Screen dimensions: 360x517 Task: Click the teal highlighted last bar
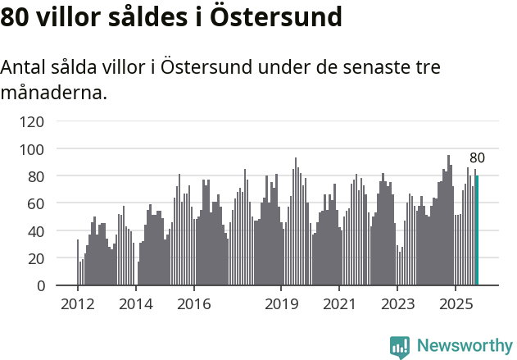tap(477, 230)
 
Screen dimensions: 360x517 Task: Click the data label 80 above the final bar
tap(477, 158)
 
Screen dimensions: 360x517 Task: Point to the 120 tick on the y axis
tap(34, 122)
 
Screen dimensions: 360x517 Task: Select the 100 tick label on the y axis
tap(34, 149)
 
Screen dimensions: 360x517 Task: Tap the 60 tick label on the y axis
tap(37, 203)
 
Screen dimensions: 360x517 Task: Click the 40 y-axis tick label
tap(37, 231)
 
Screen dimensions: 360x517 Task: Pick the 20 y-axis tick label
tap(37, 258)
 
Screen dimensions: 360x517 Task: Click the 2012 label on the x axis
tap(78, 304)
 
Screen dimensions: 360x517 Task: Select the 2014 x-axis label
tap(135, 304)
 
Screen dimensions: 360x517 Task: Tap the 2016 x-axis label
tap(193, 304)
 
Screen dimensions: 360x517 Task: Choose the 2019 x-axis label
tap(281, 304)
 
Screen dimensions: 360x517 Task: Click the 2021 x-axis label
tap(338, 304)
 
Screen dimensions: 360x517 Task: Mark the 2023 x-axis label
tap(397, 304)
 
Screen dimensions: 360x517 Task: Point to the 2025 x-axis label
tap(455, 304)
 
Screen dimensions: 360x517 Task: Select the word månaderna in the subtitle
tap(54, 93)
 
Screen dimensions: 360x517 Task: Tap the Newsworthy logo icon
tap(400, 346)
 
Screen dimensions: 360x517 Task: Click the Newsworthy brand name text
tap(464, 346)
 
